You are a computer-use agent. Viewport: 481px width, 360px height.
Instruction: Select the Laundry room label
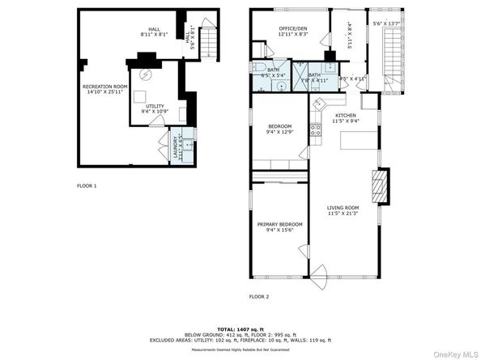pos(174,146)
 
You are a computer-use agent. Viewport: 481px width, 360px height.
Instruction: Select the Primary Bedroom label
pos(279,227)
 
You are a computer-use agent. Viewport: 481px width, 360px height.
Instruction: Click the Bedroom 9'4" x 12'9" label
pos(279,129)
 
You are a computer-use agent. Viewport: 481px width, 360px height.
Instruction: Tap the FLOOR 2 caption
pos(259,297)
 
